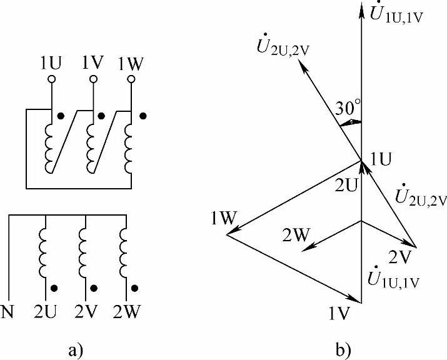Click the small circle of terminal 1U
tap(52, 79)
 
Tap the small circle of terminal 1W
tap(131, 79)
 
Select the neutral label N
tap(9, 311)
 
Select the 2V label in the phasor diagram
tap(399, 256)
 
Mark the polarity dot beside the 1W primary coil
tap(143, 116)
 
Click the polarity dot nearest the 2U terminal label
tap(56, 289)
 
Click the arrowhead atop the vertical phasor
tap(362, 7)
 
